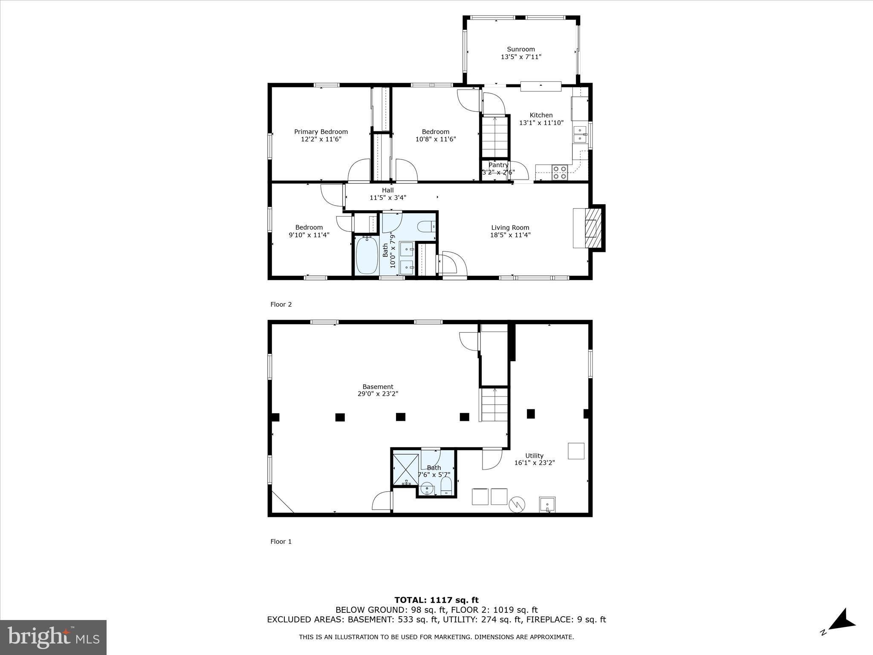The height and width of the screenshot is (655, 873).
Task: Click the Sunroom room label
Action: pos(520,49)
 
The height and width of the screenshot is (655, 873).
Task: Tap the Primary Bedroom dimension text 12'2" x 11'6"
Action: pos(321,139)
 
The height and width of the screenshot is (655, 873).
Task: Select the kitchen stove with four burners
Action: pos(560,172)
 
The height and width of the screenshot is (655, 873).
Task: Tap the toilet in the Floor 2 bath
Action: pos(426,226)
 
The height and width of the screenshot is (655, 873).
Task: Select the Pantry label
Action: pos(498,165)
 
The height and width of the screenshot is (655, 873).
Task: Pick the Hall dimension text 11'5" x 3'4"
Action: pos(387,197)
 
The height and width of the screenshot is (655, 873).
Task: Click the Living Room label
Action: pos(510,227)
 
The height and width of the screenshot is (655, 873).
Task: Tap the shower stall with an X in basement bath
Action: pos(405,470)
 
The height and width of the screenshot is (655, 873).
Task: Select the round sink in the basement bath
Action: pos(427,489)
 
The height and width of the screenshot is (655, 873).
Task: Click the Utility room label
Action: pos(534,455)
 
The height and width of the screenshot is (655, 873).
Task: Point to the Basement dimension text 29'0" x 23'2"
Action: pos(378,394)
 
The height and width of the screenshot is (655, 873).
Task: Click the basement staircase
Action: pos(494,405)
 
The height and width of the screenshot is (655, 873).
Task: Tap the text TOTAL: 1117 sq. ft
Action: pos(436,600)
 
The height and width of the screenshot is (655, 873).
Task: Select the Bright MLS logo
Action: pos(53,637)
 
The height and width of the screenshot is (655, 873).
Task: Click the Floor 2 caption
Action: pos(281,304)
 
